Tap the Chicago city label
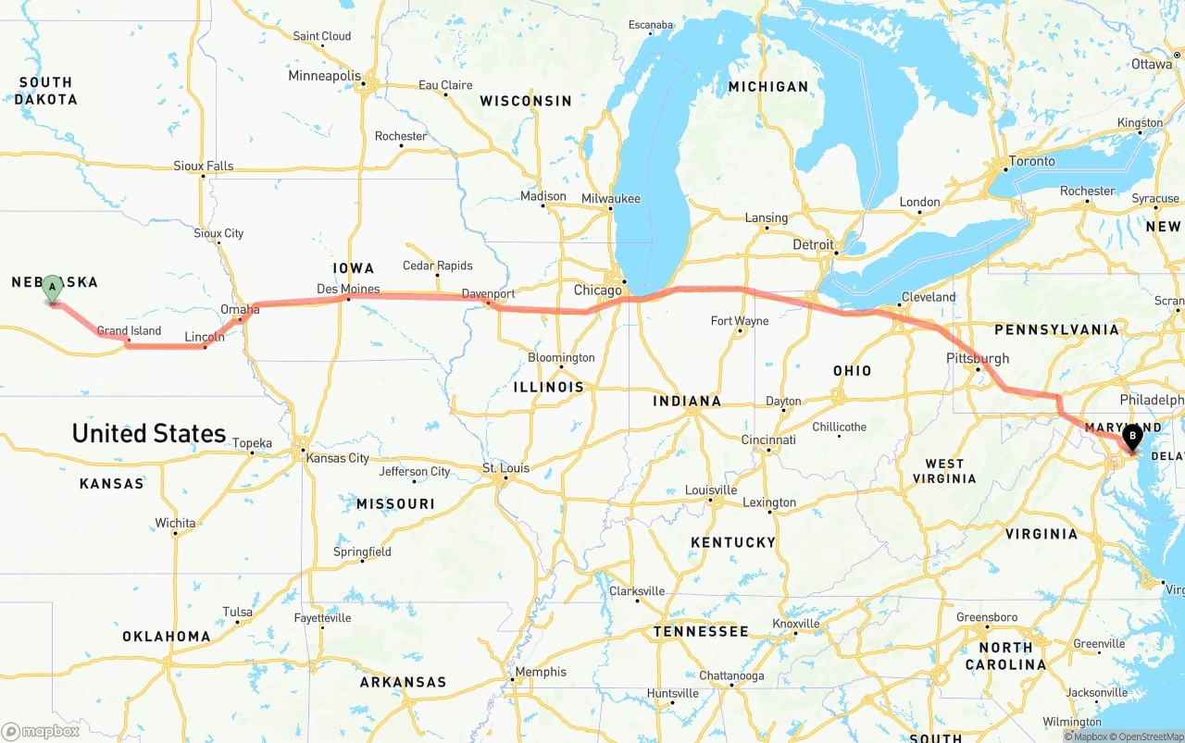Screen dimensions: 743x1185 click(x=597, y=291)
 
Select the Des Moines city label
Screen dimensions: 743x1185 click(x=348, y=289)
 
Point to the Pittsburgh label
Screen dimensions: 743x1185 click(x=978, y=358)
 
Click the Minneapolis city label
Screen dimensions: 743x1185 click(x=324, y=76)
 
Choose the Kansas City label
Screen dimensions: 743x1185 click(x=338, y=458)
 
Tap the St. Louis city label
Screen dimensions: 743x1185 click(x=506, y=468)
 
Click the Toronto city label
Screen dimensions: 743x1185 click(x=1031, y=161)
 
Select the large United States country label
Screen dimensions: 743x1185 click(x=149, y=433)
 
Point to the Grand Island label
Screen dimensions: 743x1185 click(x=129, y=330)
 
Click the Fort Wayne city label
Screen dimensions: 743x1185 click(x=739, y=321)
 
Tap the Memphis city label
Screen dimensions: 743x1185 click(x=541, y=672)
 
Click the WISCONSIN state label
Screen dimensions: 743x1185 click(x=525, y=101)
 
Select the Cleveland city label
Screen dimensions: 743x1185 click(x=928, y=297)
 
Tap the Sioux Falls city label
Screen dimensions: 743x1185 click(x=204, y=167)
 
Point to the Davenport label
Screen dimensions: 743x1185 click(x=488, y=293)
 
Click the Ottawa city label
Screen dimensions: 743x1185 click(x=1152, y=64)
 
